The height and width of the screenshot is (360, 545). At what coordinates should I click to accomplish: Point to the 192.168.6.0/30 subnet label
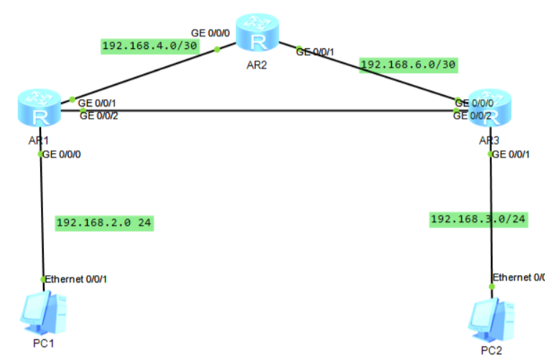click(408, 64)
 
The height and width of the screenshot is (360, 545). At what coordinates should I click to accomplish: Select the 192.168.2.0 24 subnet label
click(104, 223)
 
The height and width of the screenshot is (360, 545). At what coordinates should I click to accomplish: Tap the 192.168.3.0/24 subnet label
click(478, 219)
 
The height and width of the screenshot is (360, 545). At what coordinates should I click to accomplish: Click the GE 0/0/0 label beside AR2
click(210, 33)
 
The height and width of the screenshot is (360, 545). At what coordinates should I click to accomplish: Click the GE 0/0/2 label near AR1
click(100, 116)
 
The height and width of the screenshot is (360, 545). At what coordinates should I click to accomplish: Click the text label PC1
click(44, 343)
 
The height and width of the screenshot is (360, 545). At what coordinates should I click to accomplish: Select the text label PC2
click(492, 350)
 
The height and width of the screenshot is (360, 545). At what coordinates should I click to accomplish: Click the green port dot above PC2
click(492, 286)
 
